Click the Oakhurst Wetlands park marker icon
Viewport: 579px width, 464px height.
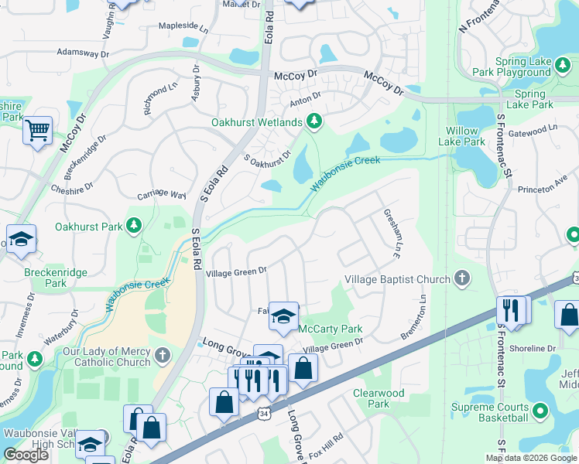tap(313, 121)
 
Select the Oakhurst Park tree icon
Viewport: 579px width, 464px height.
tap(135, 226)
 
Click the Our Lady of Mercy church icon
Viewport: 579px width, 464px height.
tap(162, 356)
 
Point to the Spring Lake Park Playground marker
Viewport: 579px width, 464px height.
tap(561, 73)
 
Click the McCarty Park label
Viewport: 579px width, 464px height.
tap(331, 329)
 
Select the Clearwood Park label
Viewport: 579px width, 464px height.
tap(379, 398)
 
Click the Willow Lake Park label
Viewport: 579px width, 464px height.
tap(462, 136)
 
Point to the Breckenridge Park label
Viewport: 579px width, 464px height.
tap(54, 278)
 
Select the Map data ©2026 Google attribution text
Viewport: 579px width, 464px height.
tap(530, 458)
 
